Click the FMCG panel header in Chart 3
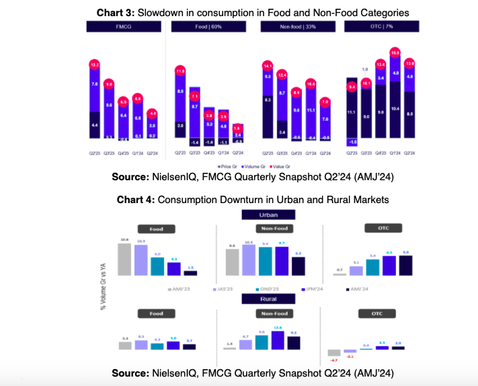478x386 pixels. [124, 27]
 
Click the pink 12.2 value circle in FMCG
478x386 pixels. [95, 65]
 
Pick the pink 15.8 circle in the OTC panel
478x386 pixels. [395, 52]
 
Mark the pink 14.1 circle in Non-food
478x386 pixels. [268, 66]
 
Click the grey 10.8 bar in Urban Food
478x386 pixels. [124, 260]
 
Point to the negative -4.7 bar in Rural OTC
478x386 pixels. [334, 352]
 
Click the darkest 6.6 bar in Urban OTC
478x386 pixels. [405, 266]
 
